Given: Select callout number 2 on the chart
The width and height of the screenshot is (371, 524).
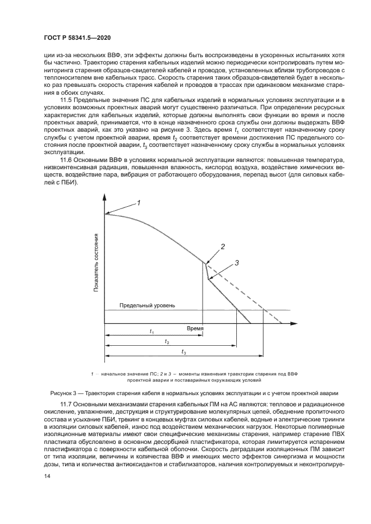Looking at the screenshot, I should point(223,246).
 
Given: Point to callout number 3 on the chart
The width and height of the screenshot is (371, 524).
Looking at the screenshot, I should point(237,262).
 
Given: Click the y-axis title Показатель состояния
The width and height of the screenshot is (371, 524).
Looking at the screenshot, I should point(97,262).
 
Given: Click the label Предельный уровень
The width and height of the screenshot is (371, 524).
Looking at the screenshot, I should point(148,305).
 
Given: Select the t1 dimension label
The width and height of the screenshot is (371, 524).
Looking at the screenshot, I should point(152,332).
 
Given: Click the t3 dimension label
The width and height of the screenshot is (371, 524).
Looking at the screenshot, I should point(184,351).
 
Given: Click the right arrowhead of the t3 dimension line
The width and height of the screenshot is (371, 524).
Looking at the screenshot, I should point(261,355).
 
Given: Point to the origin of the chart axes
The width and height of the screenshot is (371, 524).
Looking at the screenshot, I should point(104,323).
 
